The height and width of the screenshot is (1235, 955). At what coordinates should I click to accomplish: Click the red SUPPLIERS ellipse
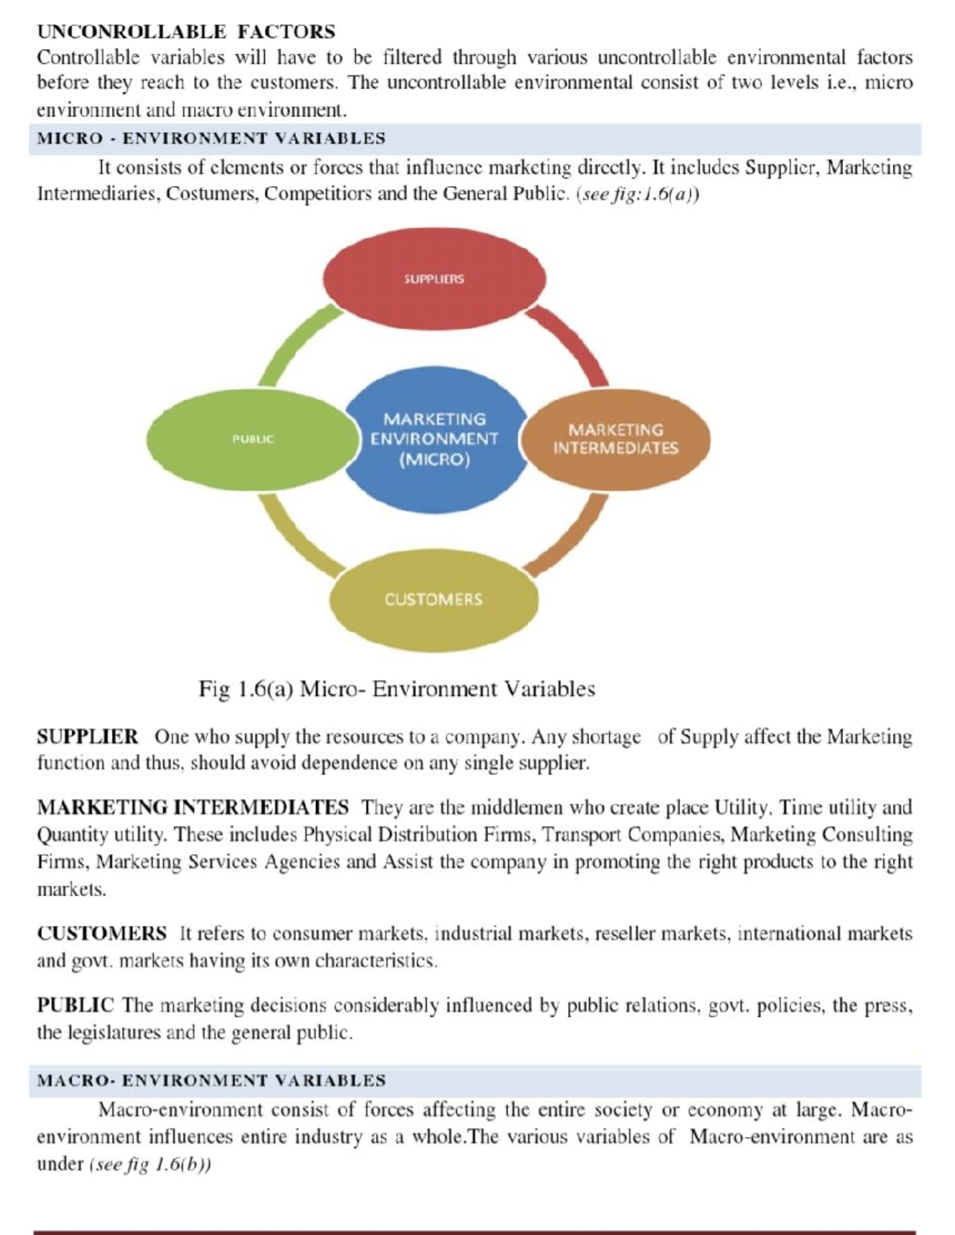[x=435, y=278]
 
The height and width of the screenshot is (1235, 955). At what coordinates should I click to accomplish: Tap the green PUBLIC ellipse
[x=253, y=439]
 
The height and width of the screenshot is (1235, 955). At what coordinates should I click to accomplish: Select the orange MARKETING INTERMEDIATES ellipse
[x=616, y=439]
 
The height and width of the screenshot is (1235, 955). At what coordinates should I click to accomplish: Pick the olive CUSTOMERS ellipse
[x=434, y=600]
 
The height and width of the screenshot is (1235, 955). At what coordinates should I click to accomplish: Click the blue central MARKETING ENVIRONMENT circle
[x=435, y=439]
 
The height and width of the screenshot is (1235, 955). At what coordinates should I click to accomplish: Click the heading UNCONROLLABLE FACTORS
[x=186, y=32]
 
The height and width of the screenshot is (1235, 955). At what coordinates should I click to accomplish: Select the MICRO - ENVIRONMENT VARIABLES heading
[x=211, y=138]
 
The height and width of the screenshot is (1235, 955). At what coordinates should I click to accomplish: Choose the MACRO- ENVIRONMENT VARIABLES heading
[x=211, y=1081]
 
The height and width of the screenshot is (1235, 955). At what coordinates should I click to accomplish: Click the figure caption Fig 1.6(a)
[x=396, y=689]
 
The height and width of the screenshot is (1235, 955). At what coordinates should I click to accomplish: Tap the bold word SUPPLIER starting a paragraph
[x=88, y=737]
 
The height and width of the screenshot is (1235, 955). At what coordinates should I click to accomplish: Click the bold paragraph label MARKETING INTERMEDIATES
[x=193, y=808]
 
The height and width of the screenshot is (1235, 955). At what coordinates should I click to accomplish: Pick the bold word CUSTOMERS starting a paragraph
[x=102, y=934]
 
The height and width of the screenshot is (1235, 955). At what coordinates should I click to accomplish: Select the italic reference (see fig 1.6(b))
[x=150, y=1164]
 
